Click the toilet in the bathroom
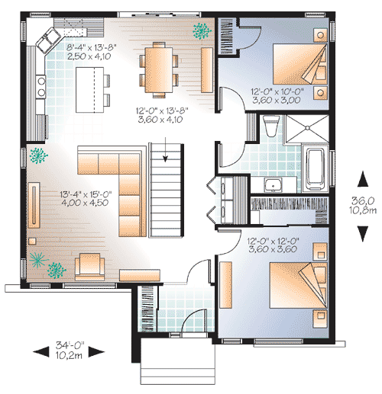pos(268,126)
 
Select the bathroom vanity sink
pos(271,184)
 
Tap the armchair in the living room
pos(89,264)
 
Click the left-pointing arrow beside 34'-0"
pos(37,351)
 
